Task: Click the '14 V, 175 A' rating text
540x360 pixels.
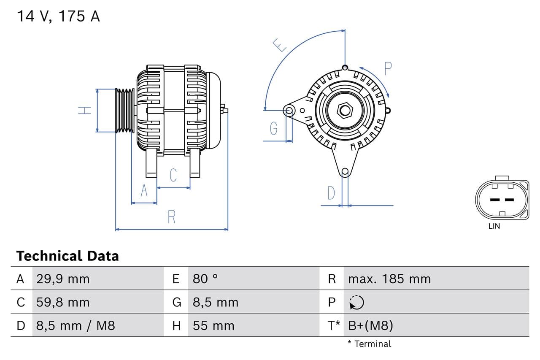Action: pos(58,16)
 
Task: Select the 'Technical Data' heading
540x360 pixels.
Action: pos(67,256)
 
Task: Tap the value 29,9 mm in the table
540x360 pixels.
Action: pos(63,279)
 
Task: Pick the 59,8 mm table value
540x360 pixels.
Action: pos(63,302)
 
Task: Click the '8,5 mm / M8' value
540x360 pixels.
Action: pos(76,325)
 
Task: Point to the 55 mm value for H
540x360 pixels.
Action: pos(213,325)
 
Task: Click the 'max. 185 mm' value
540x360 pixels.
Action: pos(389,279)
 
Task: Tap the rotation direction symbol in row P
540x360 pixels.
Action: pos(356,302)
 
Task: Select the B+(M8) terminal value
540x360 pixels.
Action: pos(370,325)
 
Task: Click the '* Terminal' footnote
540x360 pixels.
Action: pos(369,344)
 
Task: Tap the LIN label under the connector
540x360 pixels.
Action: pos(494,226)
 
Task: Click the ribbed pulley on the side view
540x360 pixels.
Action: pos(125,111)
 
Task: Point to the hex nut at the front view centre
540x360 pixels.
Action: pos(345,111)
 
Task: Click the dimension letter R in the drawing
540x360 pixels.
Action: pos(171,217)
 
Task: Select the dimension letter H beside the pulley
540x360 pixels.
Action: pos(85,111)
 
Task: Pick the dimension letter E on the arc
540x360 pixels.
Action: pos(279,45)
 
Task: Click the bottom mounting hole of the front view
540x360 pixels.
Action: pos(345,171)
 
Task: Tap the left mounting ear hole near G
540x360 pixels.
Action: pos(289,111)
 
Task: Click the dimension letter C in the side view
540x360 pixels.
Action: pos(173,175)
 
